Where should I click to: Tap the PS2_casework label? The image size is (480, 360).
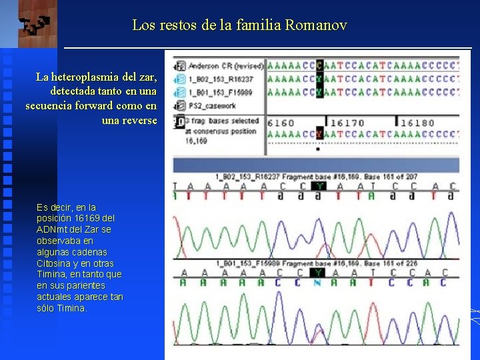click(213, 105)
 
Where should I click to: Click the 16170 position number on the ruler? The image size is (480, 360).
click(347, 123)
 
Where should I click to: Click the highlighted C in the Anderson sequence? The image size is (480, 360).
click(319, 65)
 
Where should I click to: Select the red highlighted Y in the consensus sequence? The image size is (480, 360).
click(319, 134)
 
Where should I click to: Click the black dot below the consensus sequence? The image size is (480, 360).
click(318, 149)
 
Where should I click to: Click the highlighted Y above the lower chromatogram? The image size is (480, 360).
click(318, 273)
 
